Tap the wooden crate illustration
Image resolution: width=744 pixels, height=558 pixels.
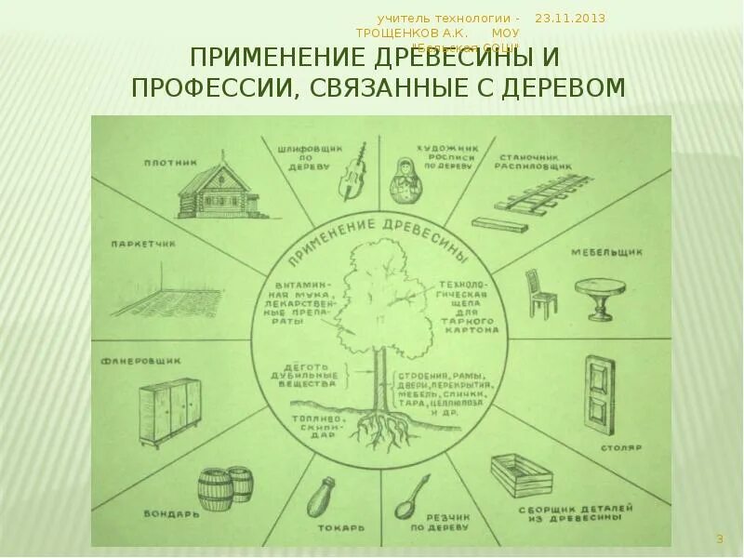pyautogui.click(x=527, y=476)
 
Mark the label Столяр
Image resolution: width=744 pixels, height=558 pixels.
pyautogui.click(x=627, y=447)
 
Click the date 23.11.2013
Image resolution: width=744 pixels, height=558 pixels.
pyautogui.click(x=570, y=18)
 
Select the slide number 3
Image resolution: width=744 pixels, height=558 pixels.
pyautogui.click(x=719, y=539)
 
